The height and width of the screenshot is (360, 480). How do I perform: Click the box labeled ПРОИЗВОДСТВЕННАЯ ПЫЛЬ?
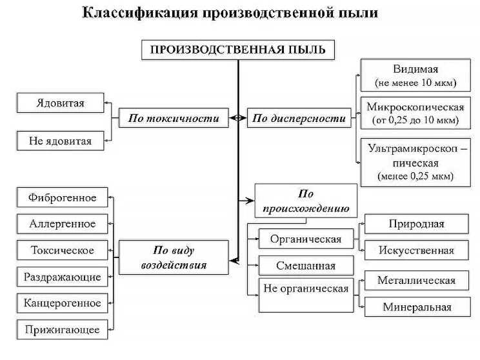click(x=238, y=50)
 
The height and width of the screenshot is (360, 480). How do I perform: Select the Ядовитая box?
click(x=60, y=103)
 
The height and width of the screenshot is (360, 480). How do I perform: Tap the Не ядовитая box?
click(x=60, y=140)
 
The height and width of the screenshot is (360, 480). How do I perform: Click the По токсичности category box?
click(x=173, y=118)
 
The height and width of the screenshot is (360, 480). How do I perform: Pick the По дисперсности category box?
click(x=299, y=118)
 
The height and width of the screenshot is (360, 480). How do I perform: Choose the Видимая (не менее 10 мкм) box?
click(x=415, y=76)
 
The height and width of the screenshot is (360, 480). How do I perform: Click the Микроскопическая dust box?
click(x=415, y=113)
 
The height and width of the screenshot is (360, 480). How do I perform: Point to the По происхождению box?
click(x=306, y=201)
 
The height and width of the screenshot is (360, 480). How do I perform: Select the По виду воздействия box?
click(x=173, y=257)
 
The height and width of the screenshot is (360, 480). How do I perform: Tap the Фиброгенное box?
click(x=62, y=197)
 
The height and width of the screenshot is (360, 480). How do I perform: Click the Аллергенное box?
click(x=62, y=224)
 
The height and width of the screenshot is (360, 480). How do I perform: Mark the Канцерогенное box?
click(x=62, y=303)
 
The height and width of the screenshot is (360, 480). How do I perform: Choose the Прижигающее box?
click(x=62, y=330)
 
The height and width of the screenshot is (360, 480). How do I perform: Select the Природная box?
click(x=416, y=224)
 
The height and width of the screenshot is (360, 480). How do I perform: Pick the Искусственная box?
click(x=416, y=250)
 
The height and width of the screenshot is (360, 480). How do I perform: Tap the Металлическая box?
click(x=416, y=280)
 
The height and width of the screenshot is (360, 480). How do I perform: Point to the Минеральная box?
click(x=416, y=307)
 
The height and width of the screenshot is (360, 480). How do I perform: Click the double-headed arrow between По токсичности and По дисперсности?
click(x=238, y=118)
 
